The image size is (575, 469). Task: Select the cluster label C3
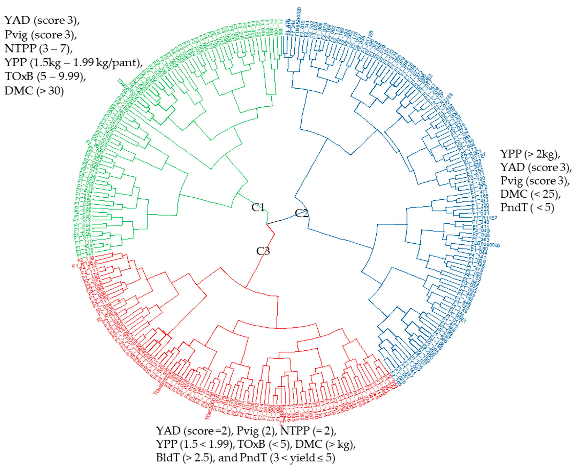coord(263,251)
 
